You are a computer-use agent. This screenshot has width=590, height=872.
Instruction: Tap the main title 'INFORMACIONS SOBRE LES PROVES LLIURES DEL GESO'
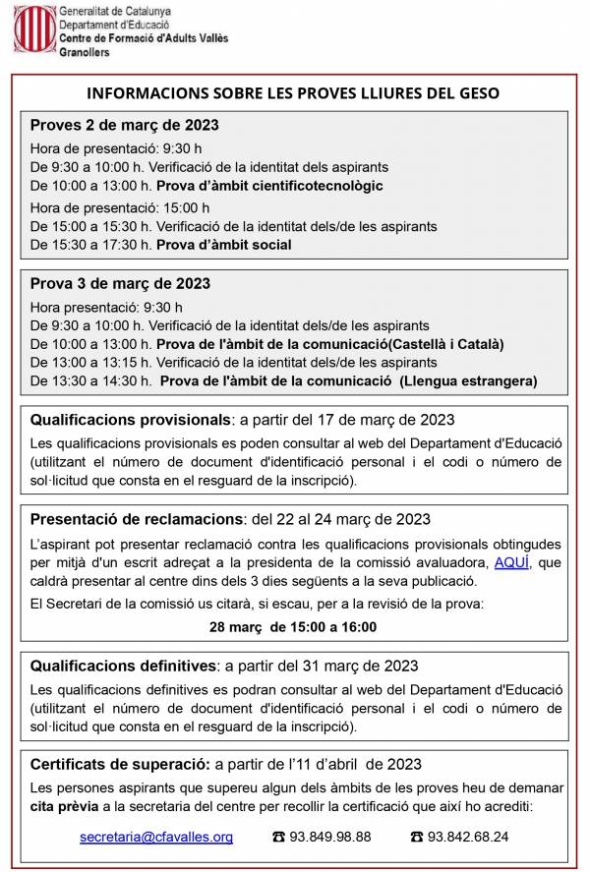[x=294, y=93]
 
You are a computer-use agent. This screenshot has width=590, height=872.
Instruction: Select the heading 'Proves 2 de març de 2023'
[x=124, y=125]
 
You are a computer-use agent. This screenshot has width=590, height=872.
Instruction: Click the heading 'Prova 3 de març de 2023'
[x=120, y=284]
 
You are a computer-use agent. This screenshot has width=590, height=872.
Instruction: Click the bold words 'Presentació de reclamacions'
[x=136, y=519]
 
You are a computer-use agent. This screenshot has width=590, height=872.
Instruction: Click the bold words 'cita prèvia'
[x=64, y=806]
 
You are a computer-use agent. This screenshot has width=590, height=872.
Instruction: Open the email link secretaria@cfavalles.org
[x=156, y=838]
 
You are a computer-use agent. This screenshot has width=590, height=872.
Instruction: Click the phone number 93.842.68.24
[x=467, y=838]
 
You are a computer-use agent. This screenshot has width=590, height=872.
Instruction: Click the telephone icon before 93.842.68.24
[x=417, y=838]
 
